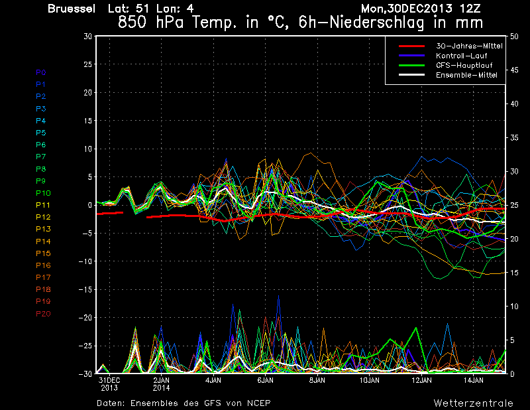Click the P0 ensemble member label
click(x=41, y=72)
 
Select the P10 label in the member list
click(x=43, y=193)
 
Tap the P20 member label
click(x=43, y=314)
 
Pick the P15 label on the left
click(x=43, y=253)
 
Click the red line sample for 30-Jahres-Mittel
click(x=411, y=46)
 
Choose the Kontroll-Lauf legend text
click(x=461, y=56)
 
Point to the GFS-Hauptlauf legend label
click(x=464, y=65)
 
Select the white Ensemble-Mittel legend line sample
click(x=411, y=75)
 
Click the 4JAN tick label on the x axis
click(x=213, y=380)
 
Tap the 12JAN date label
click(x=421, y=380)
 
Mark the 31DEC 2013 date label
click(x=109, y=384)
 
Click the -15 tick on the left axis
click(x=85, y=289)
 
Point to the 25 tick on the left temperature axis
click(x=88, y=64)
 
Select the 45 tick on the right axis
click(x=514, y=70)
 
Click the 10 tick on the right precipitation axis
click(x=514, y=307)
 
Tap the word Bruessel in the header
click(x=72, y=9)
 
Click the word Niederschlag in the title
click(x=377, y=23)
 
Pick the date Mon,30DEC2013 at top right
click(x=407, y=9)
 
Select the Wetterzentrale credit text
click(x=474, y=403)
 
